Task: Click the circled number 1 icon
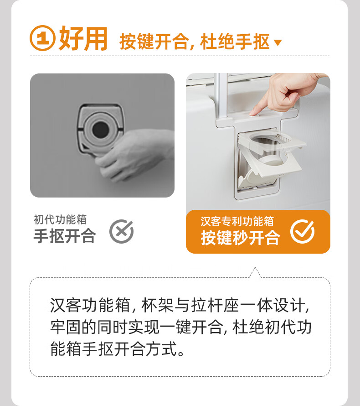tap(42, 38)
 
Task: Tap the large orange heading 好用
tap(83, 38)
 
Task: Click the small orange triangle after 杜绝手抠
tap(278, 42)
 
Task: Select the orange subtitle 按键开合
tap(154, 42)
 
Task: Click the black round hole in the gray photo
tap(101, 130)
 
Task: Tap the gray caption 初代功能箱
tap(60, 219)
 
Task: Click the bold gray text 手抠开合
tap(65, 236)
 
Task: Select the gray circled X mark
tap(121, 231)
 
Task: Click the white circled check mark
tap(302, 231)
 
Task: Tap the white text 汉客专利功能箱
tap(237, 221)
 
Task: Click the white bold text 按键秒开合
tap(241, 237)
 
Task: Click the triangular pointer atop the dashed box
tap(255, 272)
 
